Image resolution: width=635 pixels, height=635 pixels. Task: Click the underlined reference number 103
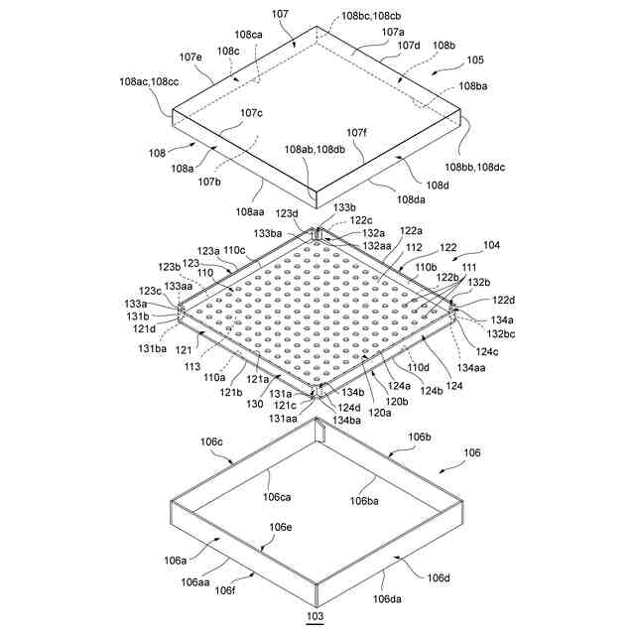[316, 617]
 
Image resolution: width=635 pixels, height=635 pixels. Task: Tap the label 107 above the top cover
[280, 14]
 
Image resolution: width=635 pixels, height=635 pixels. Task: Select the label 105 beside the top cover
[476, 60]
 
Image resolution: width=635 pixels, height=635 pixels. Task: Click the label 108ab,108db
[315, 149]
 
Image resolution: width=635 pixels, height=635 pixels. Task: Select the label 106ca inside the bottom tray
[277, 496]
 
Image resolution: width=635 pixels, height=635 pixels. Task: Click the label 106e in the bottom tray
[281, 527]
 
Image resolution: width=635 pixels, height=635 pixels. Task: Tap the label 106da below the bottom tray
[387, 598]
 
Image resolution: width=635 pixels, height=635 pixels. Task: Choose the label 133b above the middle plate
[343, 207]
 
